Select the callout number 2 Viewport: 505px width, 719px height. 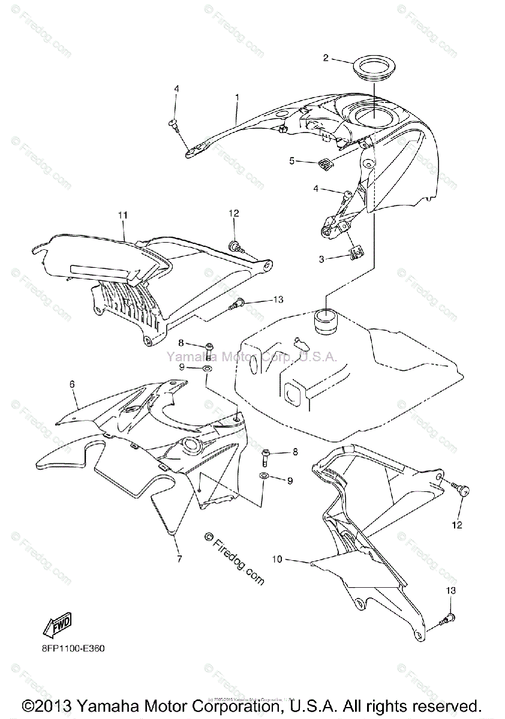coord(326,58)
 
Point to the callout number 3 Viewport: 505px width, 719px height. coord(321,259)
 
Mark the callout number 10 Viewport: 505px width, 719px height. coord(276,560)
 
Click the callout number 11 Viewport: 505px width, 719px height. coord(123,214)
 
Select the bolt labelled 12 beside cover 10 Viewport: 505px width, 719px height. coord(463,490)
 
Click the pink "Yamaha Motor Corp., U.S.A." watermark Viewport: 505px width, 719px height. coord(252,357)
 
